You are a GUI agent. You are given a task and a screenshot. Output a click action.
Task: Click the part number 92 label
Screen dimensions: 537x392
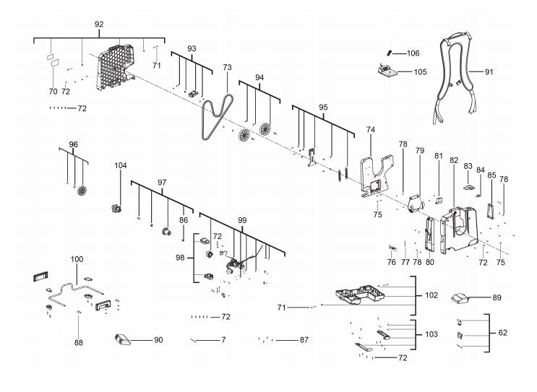pyautogui.click(x=99, y=25)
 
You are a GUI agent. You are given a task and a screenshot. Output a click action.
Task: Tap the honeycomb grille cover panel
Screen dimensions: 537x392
pyautogui.click(x=114, y=67)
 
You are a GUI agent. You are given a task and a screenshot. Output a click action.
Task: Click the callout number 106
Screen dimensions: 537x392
pyautogui.click(x=413, y=53)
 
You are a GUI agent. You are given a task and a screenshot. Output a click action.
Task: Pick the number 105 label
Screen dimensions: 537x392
pyautogui.click(x=421, y=72)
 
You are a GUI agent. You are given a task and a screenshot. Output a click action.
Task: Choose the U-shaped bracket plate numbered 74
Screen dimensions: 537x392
pyautogui.click(x=376, y=175)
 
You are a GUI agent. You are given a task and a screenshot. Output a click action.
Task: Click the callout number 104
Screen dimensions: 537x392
pyautogui.click(x=121, y=165)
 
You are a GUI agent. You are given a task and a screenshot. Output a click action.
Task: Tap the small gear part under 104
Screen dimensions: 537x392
pyautogui.click(x=116, y=208)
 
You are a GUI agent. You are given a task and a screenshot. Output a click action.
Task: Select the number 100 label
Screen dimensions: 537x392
pyautogui.click(x=77, y=259)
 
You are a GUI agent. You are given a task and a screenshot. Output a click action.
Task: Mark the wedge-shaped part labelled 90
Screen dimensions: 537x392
pyautogui.click(x=122, y=339)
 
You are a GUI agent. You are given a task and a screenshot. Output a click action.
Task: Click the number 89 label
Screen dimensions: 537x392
pyautogui.click(x=497, y=297)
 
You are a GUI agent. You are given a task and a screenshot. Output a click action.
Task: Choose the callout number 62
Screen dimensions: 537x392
pyautogui.click(x=503, y=333)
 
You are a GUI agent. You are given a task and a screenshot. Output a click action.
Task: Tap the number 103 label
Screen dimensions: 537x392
pyautogui.click(x=431, y=334)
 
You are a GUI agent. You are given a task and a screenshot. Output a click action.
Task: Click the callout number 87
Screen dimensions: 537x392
pyautogui.click(x=304, y=340)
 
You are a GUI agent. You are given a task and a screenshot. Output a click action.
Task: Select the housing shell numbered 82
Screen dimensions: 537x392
pyautogui.click(x=458, y=230)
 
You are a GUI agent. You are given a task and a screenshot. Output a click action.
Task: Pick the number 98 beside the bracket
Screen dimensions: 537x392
pyautogui.click(x=180, y=258)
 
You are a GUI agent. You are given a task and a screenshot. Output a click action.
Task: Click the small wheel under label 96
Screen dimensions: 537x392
pyautogui.click(x=82, y=191)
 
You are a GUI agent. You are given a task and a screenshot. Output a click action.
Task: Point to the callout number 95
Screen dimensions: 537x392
pyautogui.click(x=323, y=108)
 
